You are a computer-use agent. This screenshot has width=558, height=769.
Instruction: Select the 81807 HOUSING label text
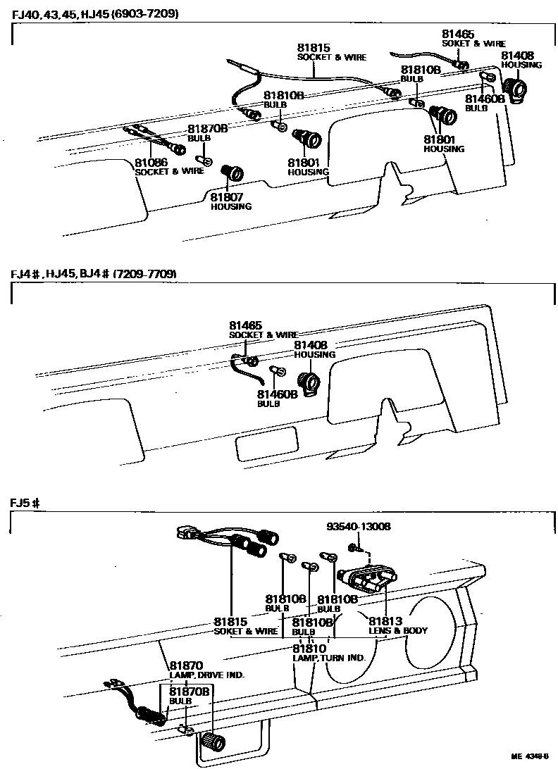pos(230,202)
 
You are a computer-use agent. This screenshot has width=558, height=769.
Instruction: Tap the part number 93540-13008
pos(359,526)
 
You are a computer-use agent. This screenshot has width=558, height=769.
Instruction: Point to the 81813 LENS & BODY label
pos(397,626)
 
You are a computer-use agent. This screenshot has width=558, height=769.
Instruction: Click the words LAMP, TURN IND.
pos(328,658)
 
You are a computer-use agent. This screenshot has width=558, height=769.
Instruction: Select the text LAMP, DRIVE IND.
pos(206,675)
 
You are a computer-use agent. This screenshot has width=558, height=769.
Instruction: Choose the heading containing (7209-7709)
pos(93,273)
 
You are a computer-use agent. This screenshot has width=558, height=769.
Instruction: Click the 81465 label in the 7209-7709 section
pos(245,326)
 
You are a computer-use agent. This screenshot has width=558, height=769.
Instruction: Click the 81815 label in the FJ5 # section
pos(230,622)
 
